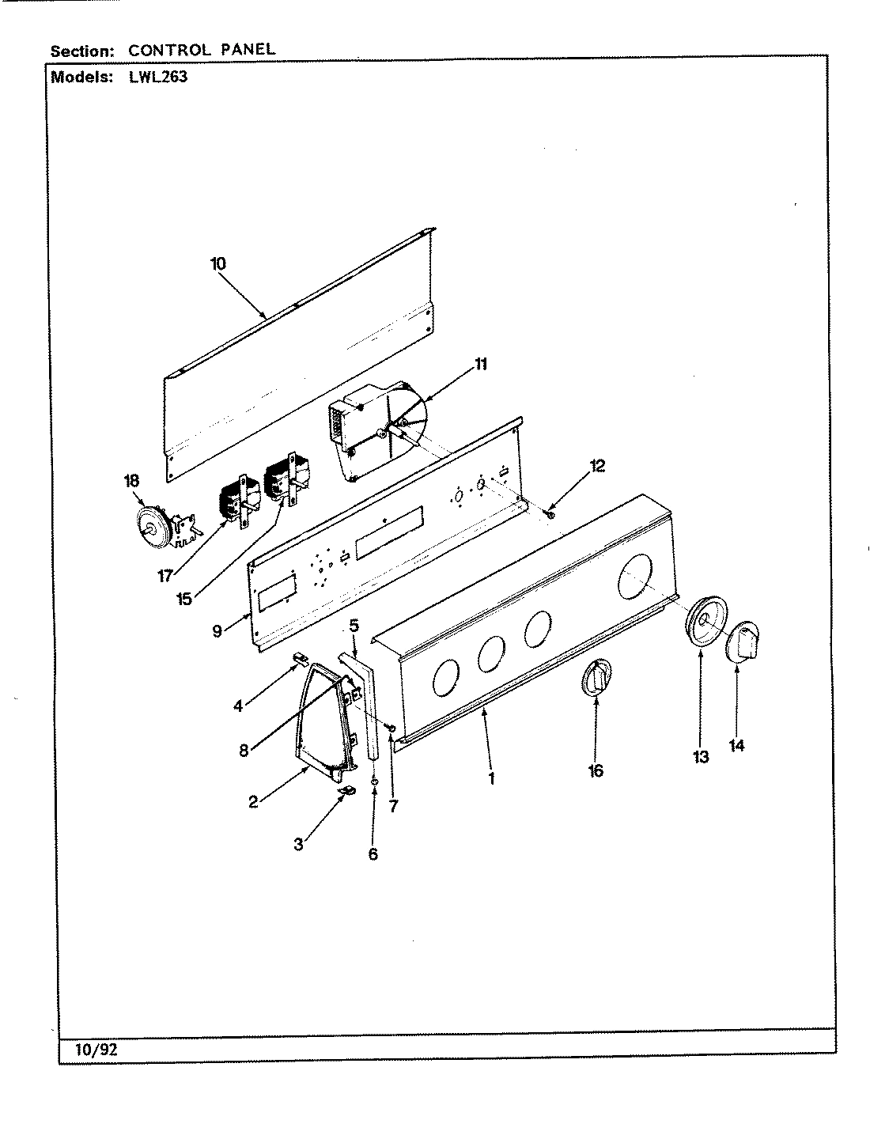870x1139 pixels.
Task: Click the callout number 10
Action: pos(218,264)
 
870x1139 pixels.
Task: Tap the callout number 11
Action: pos(481,365)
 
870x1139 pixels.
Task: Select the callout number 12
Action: pos(597,466)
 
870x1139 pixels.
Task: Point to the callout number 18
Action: pos(131,481)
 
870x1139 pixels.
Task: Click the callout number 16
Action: pos(596,770)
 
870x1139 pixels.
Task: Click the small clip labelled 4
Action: pos(299,659)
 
